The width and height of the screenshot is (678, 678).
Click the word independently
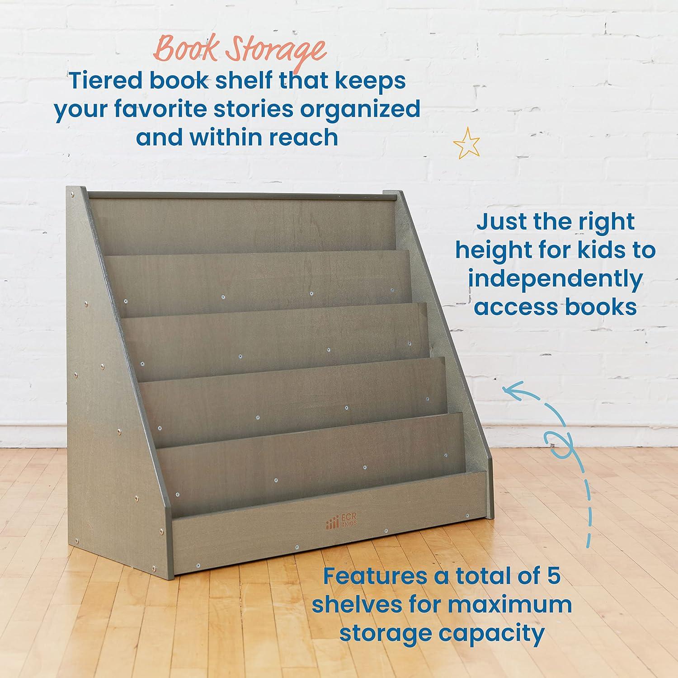[x=555, y=279]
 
